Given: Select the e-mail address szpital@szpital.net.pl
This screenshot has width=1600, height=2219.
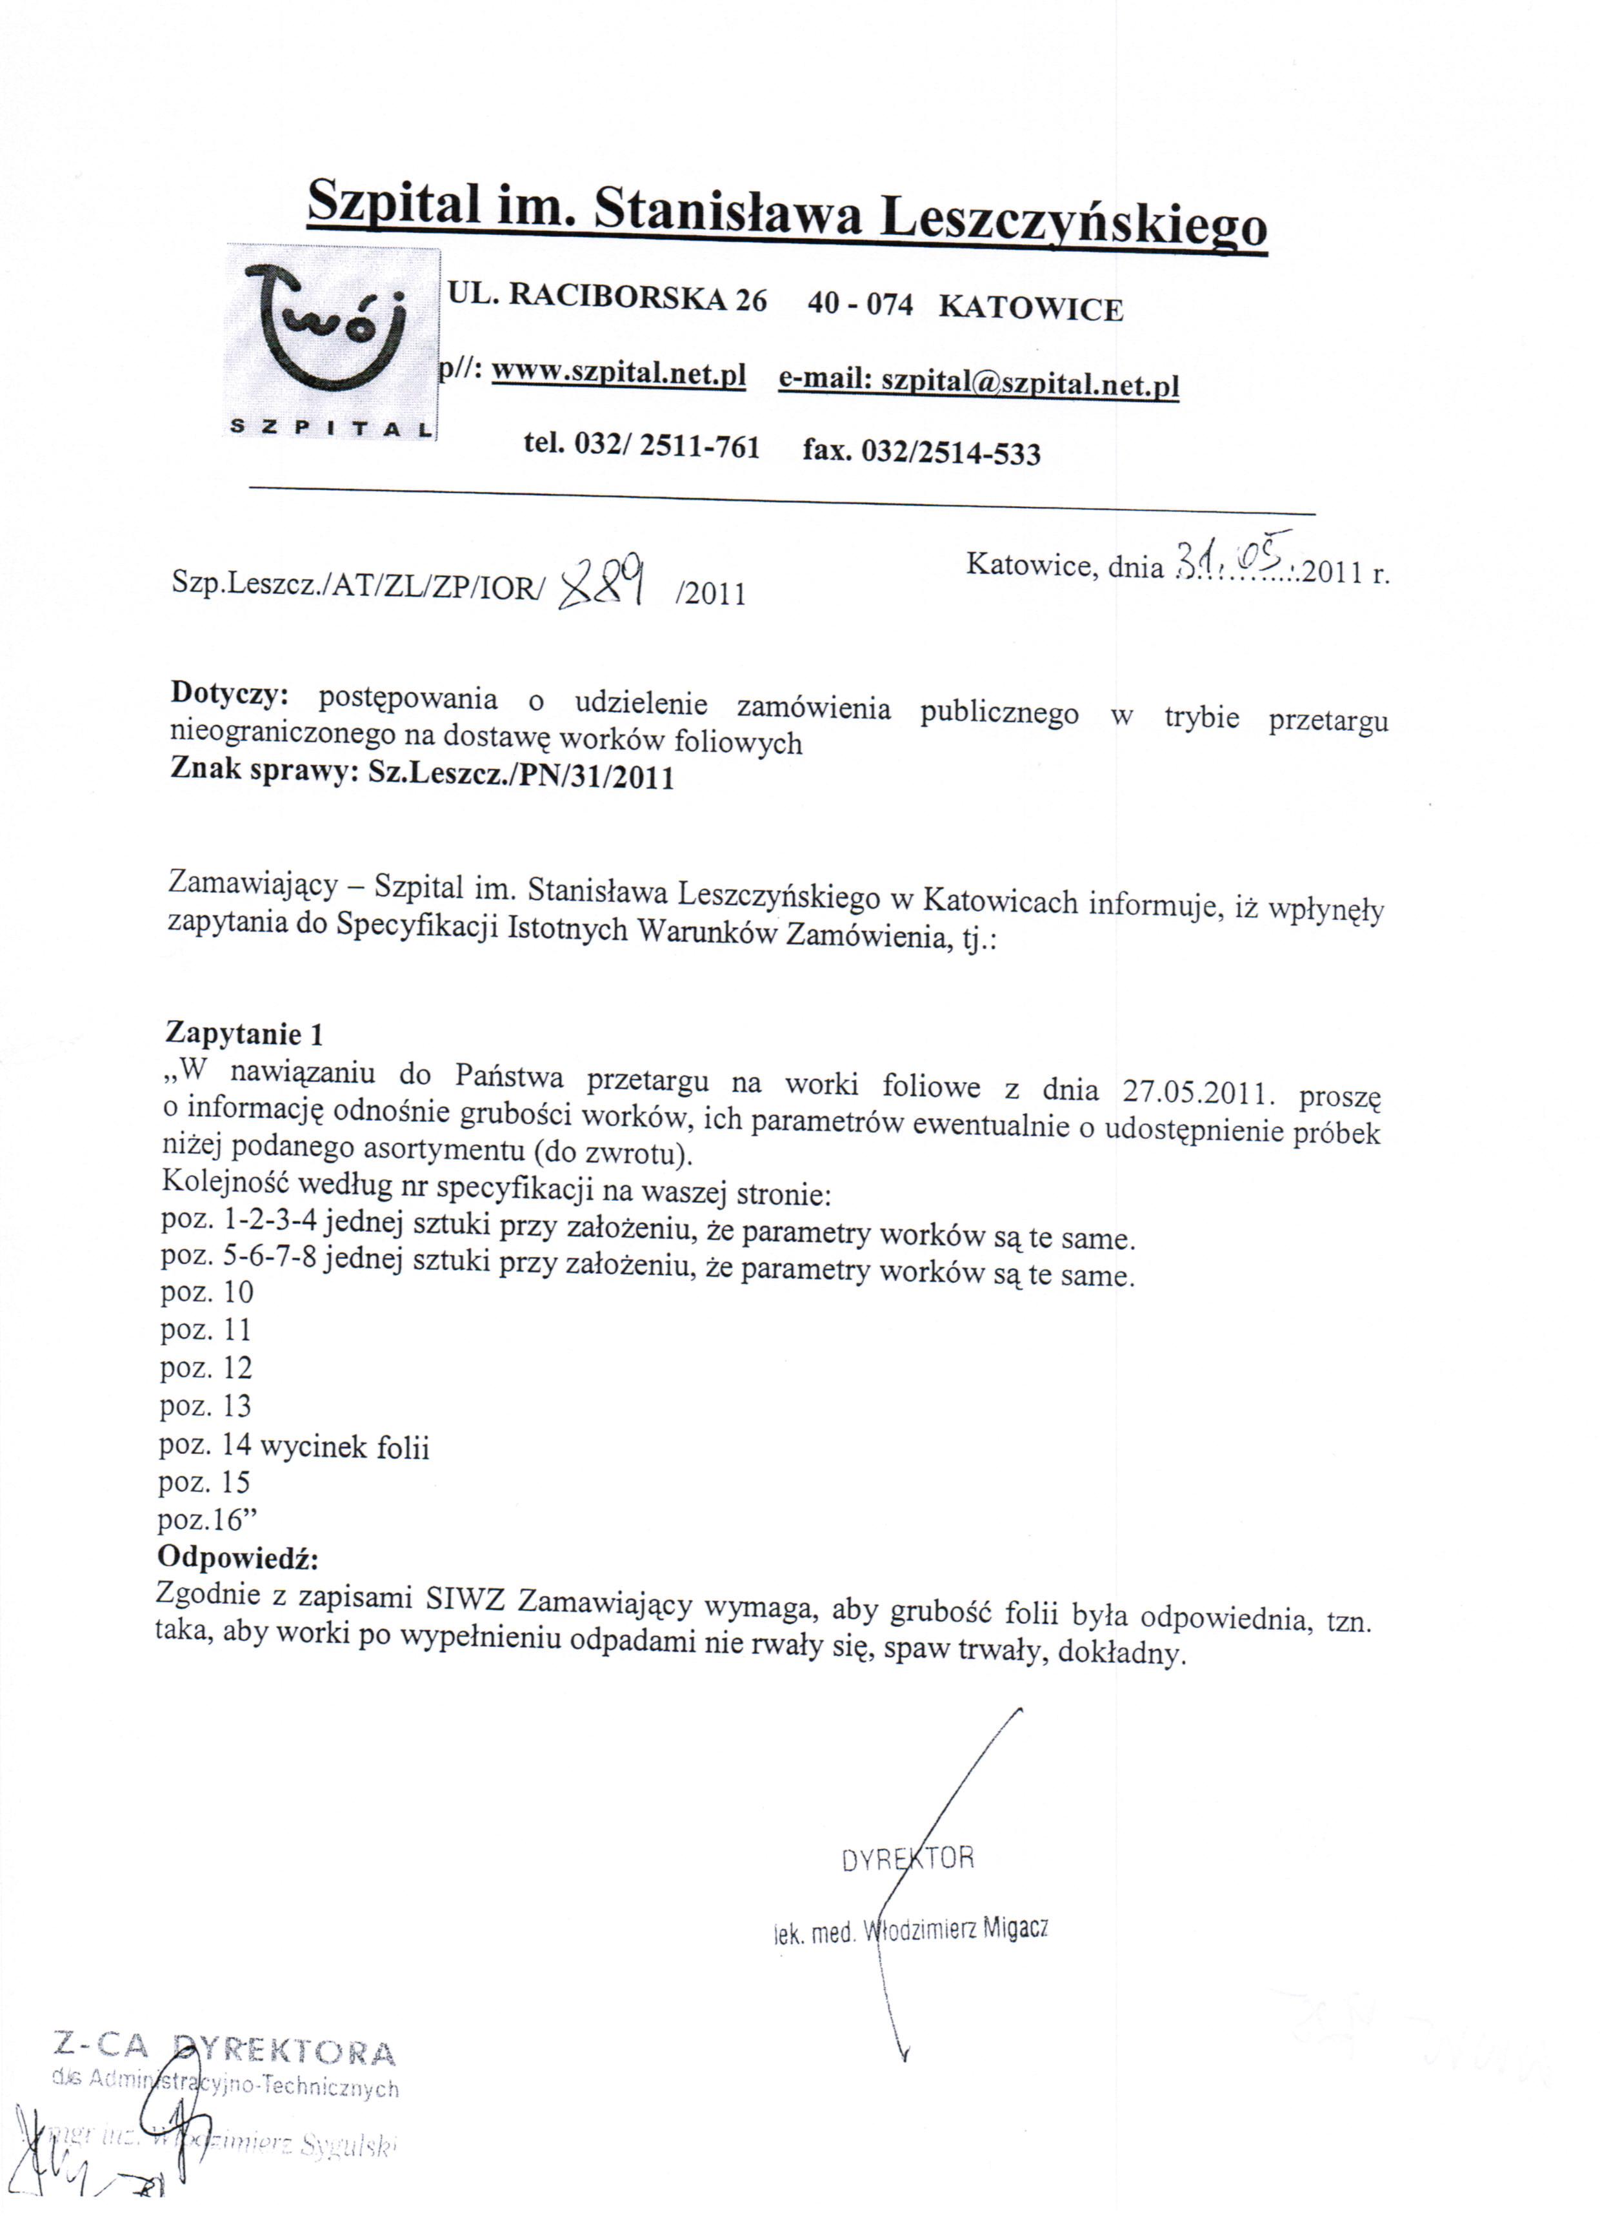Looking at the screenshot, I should coord(1030,383).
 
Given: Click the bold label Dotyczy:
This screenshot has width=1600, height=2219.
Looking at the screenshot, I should coord(230,693).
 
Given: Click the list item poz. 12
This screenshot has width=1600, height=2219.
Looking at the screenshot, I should coord(206,1368).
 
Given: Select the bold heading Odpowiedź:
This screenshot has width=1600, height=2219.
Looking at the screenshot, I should coord(237,1557).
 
